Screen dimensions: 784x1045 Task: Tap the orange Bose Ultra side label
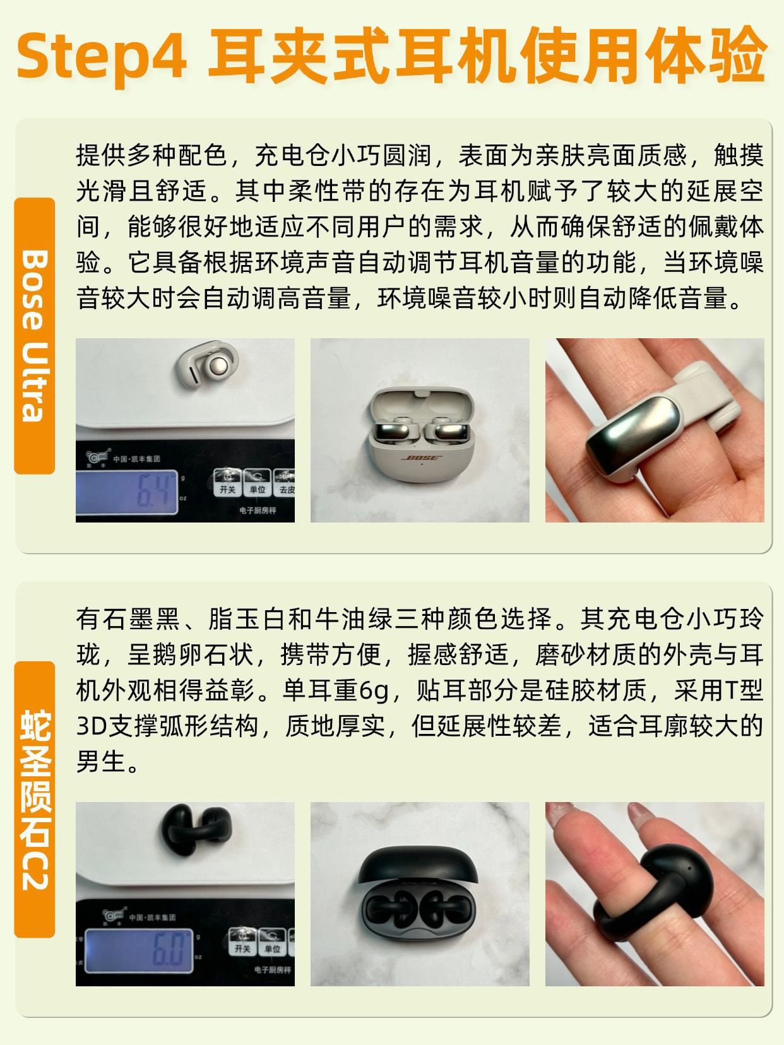click(x=34, y=336)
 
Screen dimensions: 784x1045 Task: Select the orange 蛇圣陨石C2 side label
click(x=34, y=800)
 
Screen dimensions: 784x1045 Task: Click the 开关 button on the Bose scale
click(x=227, y=482)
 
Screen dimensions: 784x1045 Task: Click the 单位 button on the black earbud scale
click(x=272, y=942)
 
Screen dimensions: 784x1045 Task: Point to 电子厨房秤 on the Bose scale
click(x=258, y=511)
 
